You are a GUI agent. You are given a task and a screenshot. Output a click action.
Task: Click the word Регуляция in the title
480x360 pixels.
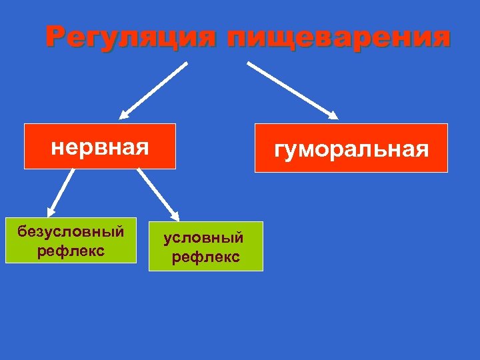(131, 37)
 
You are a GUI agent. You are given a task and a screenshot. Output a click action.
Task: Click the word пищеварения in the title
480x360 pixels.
(338, 37)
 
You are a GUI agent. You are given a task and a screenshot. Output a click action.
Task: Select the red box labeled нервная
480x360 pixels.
(100, 146)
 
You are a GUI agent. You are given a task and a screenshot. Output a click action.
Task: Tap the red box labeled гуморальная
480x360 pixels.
(351, 148)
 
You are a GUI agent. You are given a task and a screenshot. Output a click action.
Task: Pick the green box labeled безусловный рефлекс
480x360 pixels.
(71, 240)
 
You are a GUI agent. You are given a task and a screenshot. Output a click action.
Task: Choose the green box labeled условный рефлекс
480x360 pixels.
(205, 246)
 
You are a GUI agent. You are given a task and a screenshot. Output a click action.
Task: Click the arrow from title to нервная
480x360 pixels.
(155, 90)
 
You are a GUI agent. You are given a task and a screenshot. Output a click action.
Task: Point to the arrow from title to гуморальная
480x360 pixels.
(292, 90)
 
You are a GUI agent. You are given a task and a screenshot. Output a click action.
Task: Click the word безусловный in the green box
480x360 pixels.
(71, 232)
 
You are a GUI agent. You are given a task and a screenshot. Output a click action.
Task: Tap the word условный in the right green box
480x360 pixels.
(204, 238)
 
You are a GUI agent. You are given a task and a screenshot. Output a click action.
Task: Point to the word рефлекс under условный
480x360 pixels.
(205, 257)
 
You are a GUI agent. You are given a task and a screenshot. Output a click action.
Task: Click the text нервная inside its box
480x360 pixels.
(100, 146)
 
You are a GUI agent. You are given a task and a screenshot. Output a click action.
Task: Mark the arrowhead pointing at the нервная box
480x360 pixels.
(125, 113)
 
